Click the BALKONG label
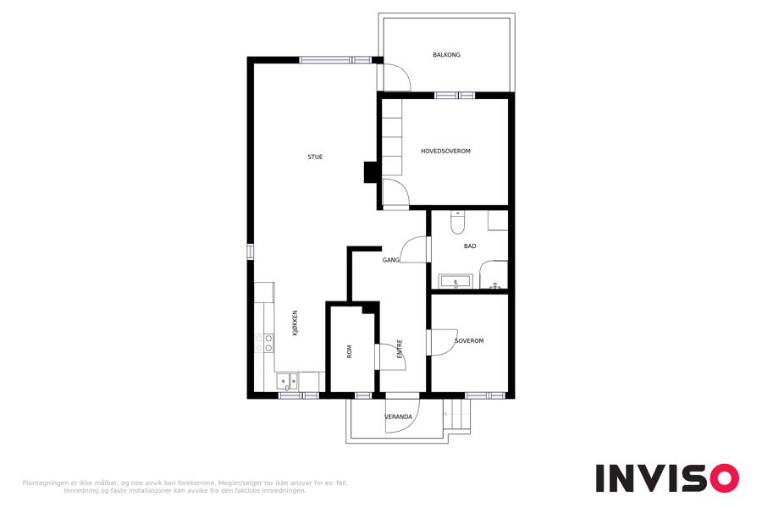pos(446,55)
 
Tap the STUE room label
pos(315,157)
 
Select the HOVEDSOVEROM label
pos(445,152)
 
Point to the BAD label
pos(470,246)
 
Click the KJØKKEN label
pos(295,323)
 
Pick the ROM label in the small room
pos(349,351)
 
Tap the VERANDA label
pos(399,417)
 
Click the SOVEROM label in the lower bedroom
pos(469,340)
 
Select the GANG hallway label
pos(390,260)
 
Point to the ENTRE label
pos(400,349)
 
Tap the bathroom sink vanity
pos(456,281)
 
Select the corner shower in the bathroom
pos(494,274)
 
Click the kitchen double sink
pos(287,382)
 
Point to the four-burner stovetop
pos(264,343)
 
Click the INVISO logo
pos(667,478)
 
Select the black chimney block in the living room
pos(371,172)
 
